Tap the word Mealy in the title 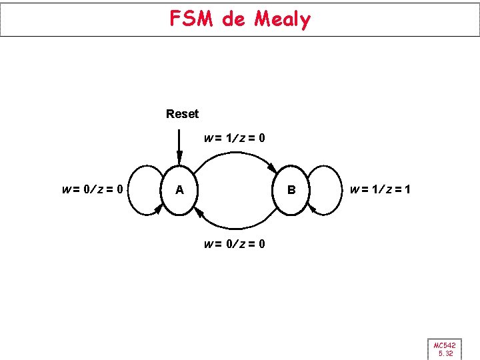tap(283, 19)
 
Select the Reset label tap(182, 114)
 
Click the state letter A tap(179, 190)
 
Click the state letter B tap(291, 190)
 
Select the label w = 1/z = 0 tap(235, 139)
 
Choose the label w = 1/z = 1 tap(380, 190)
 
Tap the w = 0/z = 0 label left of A tap(91, 189)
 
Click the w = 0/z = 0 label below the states tap(235, 244)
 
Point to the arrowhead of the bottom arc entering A tap(199, 212)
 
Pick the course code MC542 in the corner tap(445, 345)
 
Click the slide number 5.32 tap(445, 353)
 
